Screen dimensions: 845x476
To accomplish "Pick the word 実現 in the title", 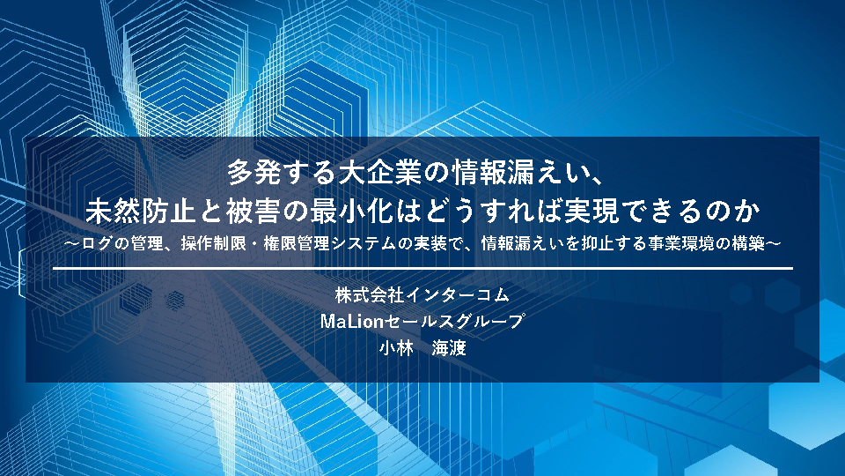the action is coord(591,211).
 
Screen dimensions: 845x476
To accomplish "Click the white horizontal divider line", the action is coord(422,268).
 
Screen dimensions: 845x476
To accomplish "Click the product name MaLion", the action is coord(351,322).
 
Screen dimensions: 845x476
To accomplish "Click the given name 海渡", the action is coord(449,348).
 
